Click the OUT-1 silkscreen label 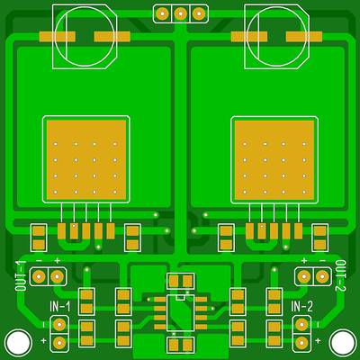click(22, 276)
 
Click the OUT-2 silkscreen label click(340, 276)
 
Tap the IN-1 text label click(60, 307)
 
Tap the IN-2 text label click(301, 307)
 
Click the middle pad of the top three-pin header click(180, 13)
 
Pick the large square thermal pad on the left click(86, 160)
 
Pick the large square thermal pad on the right click(274, 160)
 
